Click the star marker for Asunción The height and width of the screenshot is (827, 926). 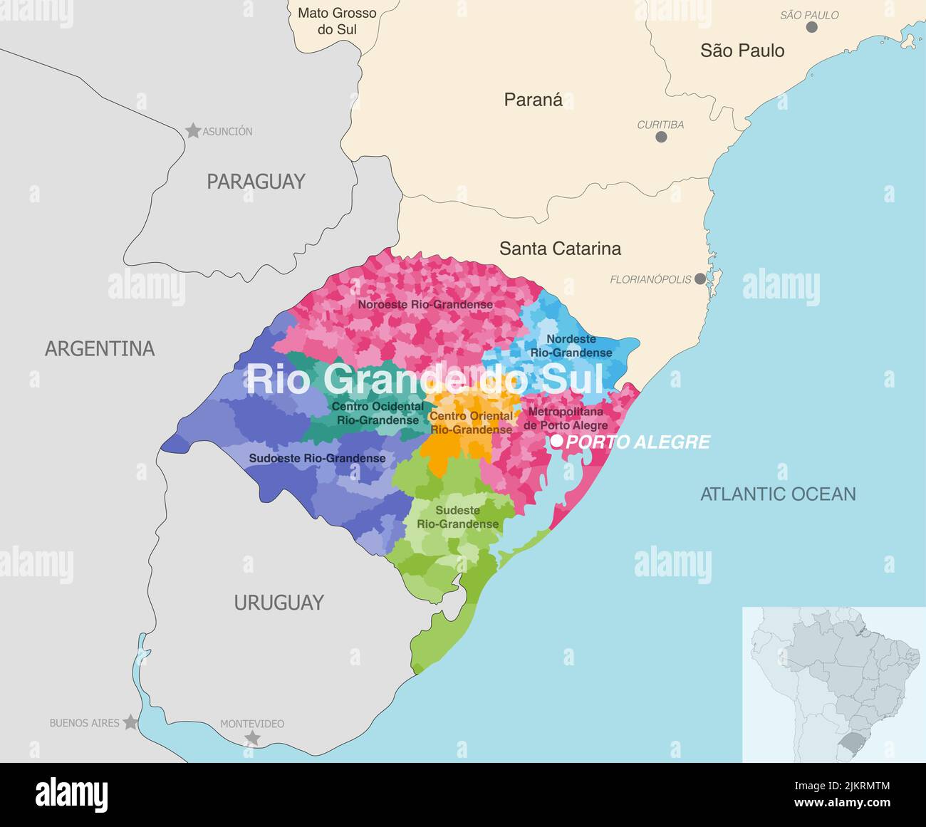193,130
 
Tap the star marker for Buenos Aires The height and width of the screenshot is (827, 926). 130,722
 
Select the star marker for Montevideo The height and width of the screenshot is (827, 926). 252,738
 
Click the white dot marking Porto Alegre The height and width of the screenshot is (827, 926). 557,442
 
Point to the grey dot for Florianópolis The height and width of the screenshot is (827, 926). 701,279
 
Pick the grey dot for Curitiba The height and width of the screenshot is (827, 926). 661,137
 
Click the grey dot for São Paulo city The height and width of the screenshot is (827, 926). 811,27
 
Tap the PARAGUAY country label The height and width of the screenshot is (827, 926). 256,182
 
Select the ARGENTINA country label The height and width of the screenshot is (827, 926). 100,348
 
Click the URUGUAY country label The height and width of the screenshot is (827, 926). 279,603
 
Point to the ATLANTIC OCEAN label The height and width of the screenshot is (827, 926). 778,494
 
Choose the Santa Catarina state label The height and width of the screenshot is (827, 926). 560,249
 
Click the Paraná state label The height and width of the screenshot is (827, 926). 533,100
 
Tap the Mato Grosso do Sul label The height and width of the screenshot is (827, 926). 337,21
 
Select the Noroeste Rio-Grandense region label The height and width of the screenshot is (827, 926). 425,305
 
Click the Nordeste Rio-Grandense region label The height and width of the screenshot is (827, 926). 571,346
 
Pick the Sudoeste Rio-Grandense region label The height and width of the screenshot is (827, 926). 317,458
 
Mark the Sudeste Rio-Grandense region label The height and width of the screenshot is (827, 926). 458,517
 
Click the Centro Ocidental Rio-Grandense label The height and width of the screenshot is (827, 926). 378,413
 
